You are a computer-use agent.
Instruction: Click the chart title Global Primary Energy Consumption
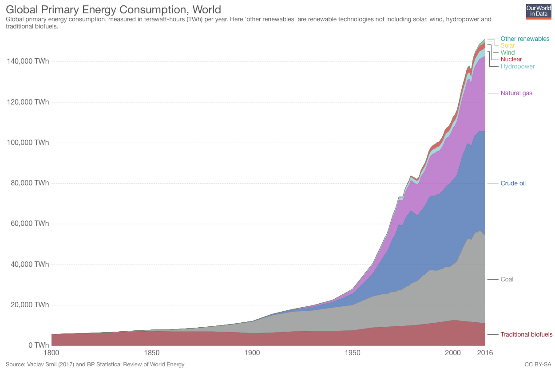(x=113, y=9)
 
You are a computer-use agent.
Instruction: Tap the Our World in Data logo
(x=538, y=11)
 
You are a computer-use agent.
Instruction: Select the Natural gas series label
(x=516, y=93)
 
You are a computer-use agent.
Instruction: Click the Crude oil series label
(x=513, y=183)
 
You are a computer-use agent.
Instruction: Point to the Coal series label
(x=507, y=279)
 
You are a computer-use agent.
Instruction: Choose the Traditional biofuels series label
(x=526, y=334)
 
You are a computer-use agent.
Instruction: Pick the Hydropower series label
(x=517, y=66)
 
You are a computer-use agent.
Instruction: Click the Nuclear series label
(x=511, y=59)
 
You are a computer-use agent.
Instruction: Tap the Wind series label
(x=507, y=52)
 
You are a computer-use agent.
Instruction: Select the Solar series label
(x=507, y=45)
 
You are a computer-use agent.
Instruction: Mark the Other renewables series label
(x=525, y=39)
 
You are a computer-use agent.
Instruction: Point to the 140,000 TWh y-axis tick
(x=28, y=61)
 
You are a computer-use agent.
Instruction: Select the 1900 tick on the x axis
(x=252, y=353)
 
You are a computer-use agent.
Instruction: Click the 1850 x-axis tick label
(x=152, y=353)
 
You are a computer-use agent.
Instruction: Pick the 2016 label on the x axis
(x=484, y=353)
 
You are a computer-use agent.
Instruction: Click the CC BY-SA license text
(x=538, y=365)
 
